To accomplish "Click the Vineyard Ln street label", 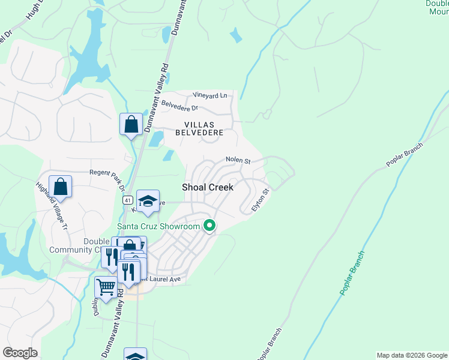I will pos(210,95).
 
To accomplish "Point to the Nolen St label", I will pos(238,160).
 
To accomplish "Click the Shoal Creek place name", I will pos(207,187).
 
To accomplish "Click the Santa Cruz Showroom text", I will pos(158,226).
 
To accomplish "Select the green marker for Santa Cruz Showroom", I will pos(209,226).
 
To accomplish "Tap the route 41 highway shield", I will pos(127,199).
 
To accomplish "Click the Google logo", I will pos(20,353).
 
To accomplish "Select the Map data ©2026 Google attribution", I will pos(412,355).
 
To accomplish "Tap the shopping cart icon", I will pos(106,287).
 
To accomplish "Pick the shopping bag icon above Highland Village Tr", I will pos(61,186).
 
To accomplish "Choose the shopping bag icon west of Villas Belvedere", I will pos(131,124).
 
